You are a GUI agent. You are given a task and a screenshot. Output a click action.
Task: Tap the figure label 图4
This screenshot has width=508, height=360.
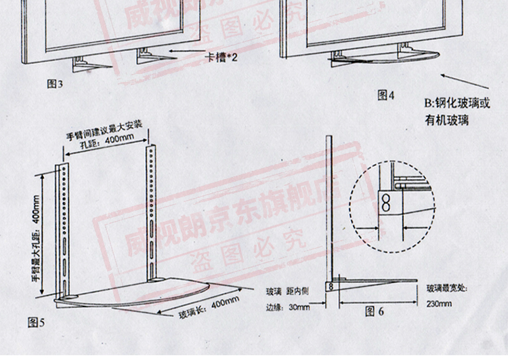pyautogui.click(x=385, y=96)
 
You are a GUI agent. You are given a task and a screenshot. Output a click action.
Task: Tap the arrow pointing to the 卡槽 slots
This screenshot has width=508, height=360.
pyautogui.click(x=186, y=52)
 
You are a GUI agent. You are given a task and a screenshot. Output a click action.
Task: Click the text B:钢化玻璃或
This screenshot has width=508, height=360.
pyautogui.click(x=457, y=104)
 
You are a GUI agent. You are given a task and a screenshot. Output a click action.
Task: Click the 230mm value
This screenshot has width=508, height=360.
pyautogui.click(x=439, y=303)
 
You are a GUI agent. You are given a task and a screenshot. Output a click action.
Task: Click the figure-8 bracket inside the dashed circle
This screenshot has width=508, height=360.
pyautogui.click(x=385, y=201)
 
